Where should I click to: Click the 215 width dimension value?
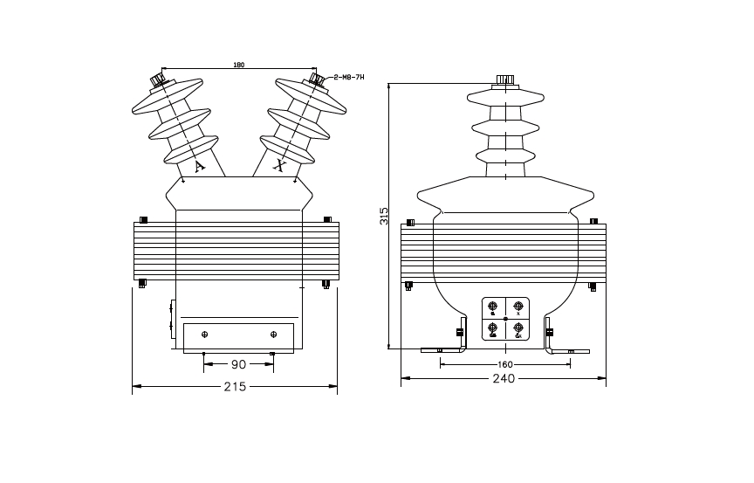(x=235, y=385)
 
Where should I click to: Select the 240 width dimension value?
(x=504, y=379)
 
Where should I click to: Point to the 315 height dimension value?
(x=384, y=216)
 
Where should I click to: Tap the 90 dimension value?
(x=238, y=364)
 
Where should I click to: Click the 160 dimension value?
(x=504, y=364)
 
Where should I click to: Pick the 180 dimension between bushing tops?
(x=238, y=66)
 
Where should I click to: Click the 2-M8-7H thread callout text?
(x=349, y=77)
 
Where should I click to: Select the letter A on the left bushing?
(x=199, y=165)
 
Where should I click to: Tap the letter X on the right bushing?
(x=279, y=163)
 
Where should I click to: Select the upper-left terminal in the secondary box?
(x=493, y=307)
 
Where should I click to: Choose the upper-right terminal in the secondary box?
(x=518, y=307)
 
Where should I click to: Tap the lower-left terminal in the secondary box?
(x=493, y=329)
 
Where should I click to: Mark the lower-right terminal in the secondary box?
(x=518, y=329)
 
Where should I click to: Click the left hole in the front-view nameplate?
(x=205, y=335)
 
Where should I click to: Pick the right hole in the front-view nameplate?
(x=273, y=335)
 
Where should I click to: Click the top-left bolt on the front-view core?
(x=144, y=219)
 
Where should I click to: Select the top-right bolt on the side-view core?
(x=593, y=221)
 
